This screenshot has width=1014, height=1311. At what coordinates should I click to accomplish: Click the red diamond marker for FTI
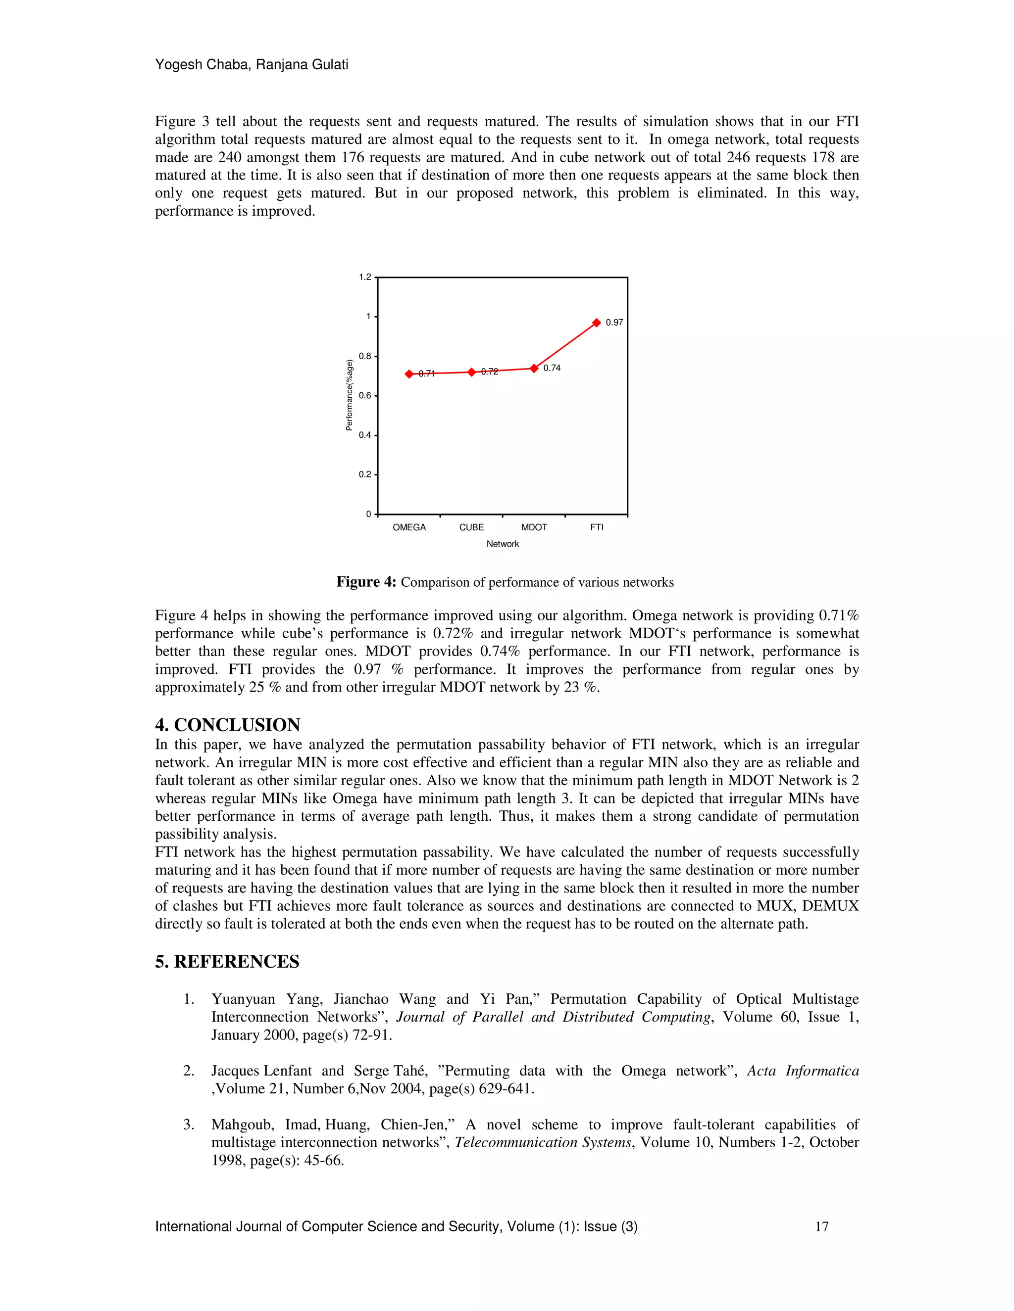(597, 323)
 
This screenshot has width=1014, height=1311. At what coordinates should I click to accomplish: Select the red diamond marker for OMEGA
(409, 374)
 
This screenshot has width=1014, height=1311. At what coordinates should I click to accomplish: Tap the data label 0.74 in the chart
(552, 368)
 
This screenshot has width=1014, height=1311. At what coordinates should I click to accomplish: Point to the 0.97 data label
(614, 323)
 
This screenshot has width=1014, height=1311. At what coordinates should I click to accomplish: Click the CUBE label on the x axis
(471, 527)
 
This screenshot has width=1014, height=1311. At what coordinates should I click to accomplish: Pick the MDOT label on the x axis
(534, 527)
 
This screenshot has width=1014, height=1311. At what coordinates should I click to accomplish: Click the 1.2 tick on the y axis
(364, 278)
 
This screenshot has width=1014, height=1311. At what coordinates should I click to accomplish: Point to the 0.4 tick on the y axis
(364, 435)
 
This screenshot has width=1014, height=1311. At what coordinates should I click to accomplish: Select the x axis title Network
(502, 544)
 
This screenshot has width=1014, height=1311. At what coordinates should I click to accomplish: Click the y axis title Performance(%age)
(349, 395)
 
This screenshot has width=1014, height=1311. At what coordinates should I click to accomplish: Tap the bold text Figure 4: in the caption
(366, 582)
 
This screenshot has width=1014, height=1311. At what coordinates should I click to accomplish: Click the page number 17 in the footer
(821, 1226)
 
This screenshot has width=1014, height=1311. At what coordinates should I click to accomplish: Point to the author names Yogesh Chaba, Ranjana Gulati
(251, 64)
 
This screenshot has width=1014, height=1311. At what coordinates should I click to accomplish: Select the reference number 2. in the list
(188, 1071)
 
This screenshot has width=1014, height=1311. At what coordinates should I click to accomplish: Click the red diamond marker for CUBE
(471, 372)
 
